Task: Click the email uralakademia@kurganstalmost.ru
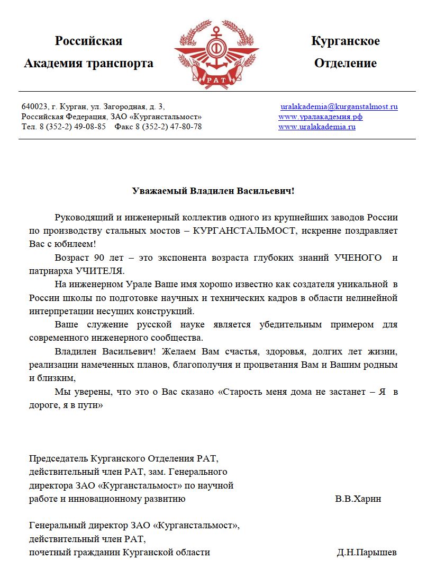pyautogui.click(x=339, y=107)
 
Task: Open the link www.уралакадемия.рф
pyautogui.click(x=320, y=117)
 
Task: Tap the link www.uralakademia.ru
pyautogui.click(x=317, y=127)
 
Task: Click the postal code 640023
pyautogui.click(x=32, y=107)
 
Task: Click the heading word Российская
pyautogui.click(x=88, y=41)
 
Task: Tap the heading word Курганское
pyautogui.click(x=346, y=41)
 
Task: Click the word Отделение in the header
pyautogui.click(x=346, y=64)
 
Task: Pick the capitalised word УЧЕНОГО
pyautogui.click(x=358, y=258)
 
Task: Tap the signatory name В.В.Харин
pyautogui.click(x=358, y=499)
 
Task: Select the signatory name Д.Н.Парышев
pyautogui.click(x=367, y=552)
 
